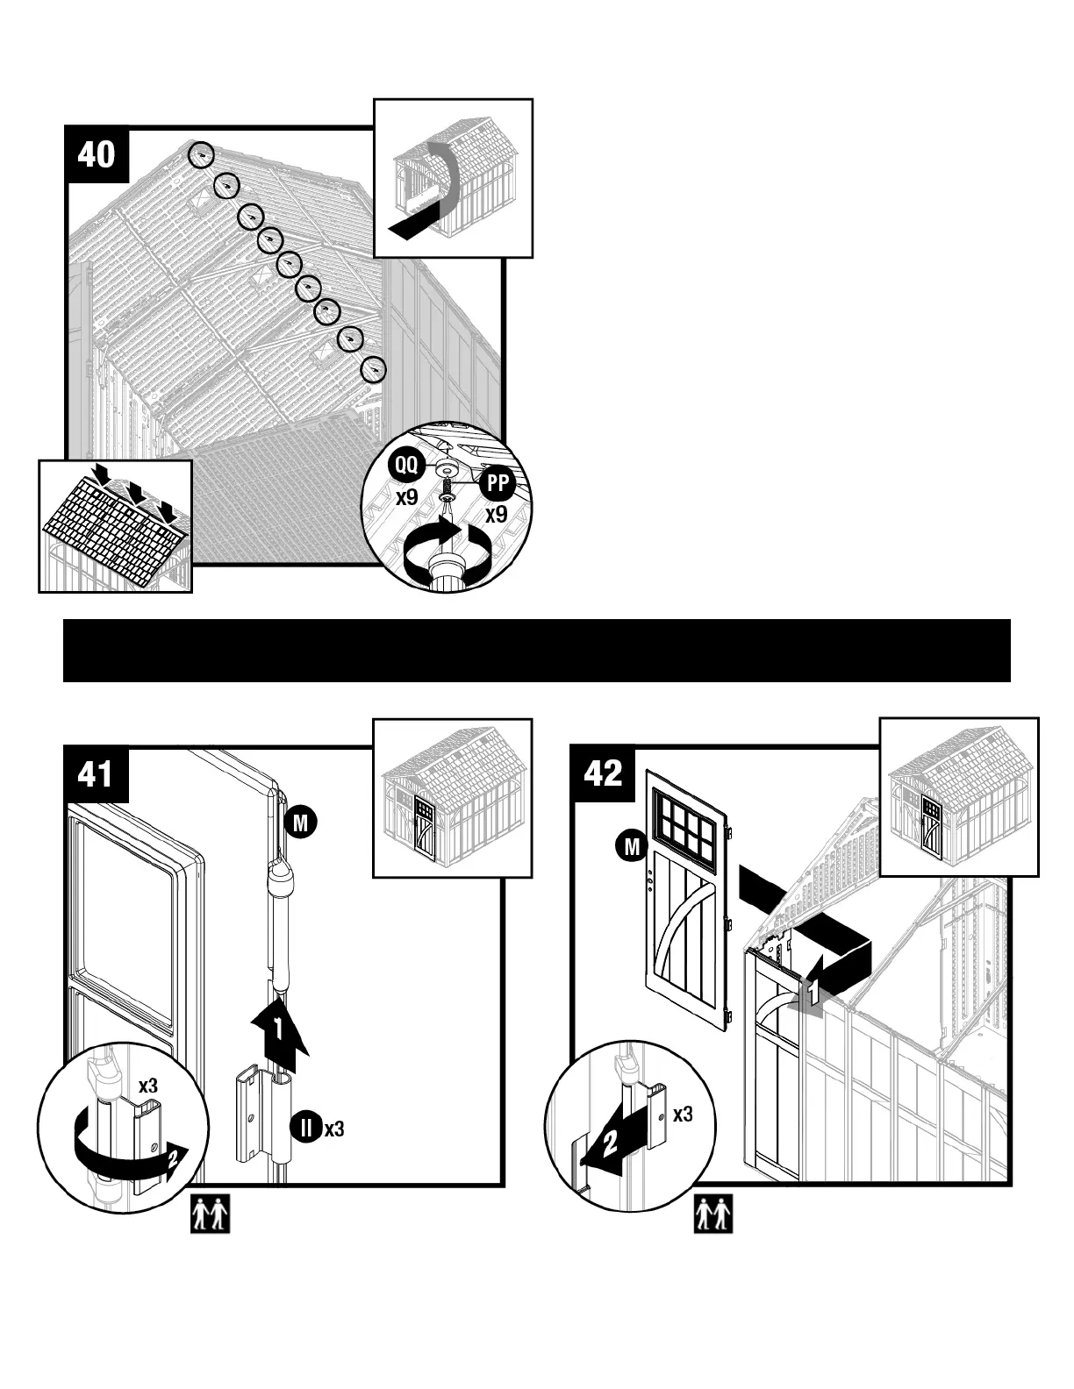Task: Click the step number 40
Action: coord(96,154)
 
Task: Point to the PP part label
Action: coord(498,481)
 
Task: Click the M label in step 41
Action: coord(300,823)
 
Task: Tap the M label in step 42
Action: coord(631,846)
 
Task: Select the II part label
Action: coord(306,1128)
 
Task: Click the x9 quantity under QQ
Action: coord(405,497)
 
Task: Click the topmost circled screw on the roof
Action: coord(201,154)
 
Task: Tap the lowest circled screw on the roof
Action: coord(375,370)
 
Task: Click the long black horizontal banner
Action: coord(536,651)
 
